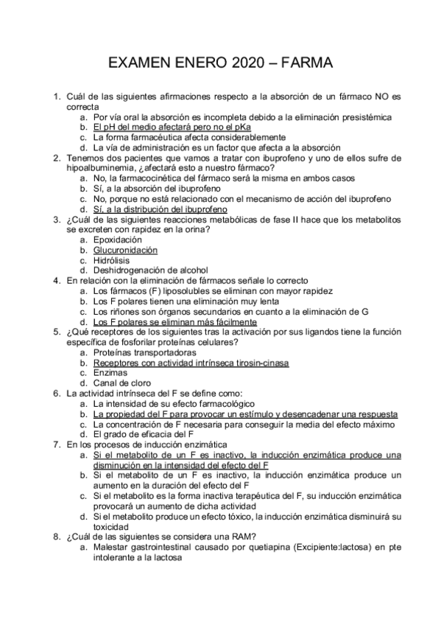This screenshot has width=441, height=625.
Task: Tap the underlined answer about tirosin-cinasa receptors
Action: (x=191, y=363)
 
